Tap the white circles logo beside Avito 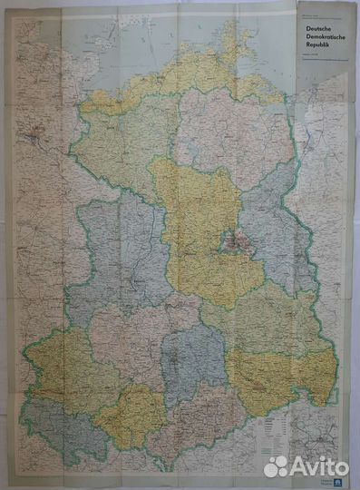click(x=276, y=466)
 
